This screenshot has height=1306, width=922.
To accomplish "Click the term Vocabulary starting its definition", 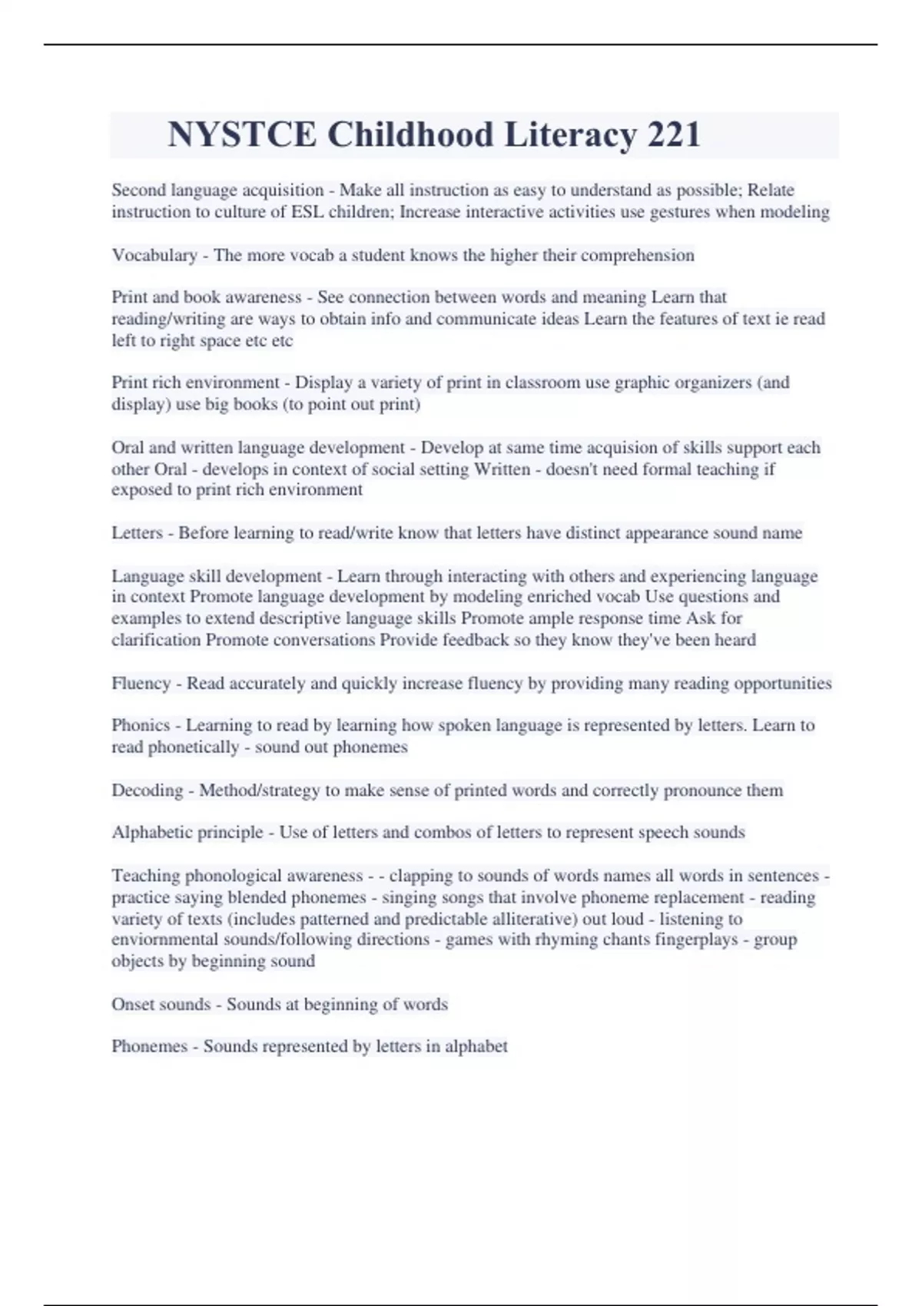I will click(154, 255).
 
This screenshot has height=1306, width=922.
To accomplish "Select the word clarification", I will click(156, 640).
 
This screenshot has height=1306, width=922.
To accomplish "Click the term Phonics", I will click(141, 725).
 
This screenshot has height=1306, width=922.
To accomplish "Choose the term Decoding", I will click(147, 791).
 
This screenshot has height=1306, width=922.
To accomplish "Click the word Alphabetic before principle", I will click(149, 833).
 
